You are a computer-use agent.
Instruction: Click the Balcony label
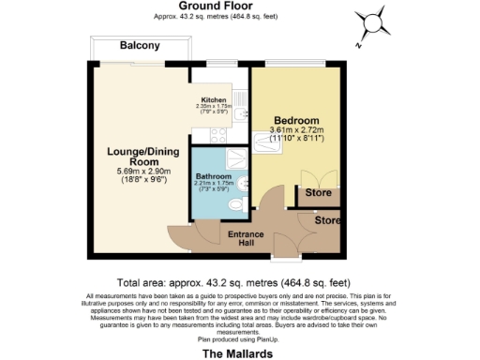click(x=139, y=46)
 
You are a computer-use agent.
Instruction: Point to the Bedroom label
click(x=294, y=121)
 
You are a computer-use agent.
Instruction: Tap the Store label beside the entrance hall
click(x=327, y=221)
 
